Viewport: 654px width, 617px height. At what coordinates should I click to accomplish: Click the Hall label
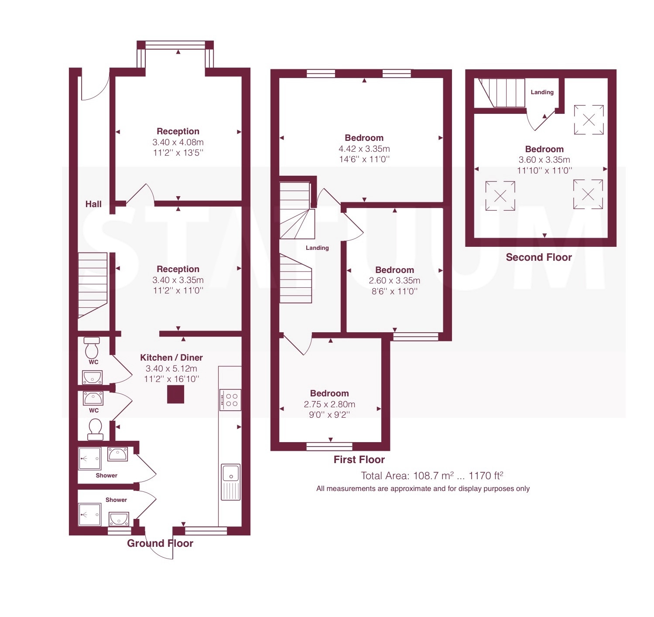[93, 204]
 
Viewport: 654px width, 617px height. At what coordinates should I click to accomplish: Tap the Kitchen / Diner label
[171, 358]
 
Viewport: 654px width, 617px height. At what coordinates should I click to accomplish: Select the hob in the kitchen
[230, 400]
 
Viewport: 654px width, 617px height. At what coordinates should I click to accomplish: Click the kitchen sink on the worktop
[230, 482]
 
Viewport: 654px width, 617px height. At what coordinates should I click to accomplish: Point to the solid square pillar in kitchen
[175, 395]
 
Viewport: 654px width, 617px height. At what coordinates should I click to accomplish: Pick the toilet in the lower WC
[95, 430]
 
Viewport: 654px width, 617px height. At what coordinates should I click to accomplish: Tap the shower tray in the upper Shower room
[89, 458]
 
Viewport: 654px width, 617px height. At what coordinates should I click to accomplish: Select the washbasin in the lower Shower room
[119, 519]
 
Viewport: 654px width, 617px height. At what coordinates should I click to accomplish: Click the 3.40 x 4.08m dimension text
[178, 142]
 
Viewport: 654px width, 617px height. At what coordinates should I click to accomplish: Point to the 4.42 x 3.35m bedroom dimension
[364, 149]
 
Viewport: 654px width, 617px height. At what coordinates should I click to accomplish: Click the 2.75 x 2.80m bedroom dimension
[329, 404]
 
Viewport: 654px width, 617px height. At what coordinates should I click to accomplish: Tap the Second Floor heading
[539, 257]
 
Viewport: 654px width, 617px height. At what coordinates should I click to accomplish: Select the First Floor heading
[359, 460]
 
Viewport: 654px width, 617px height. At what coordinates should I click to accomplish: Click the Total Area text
[432, 476]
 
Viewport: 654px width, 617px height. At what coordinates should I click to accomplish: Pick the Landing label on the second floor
[542, 92]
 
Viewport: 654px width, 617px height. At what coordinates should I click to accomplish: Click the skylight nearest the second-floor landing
[589, 120]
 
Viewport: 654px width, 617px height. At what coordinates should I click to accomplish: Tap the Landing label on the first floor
[317, 248]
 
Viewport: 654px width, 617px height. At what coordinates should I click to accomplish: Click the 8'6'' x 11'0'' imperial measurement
[394, 291]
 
